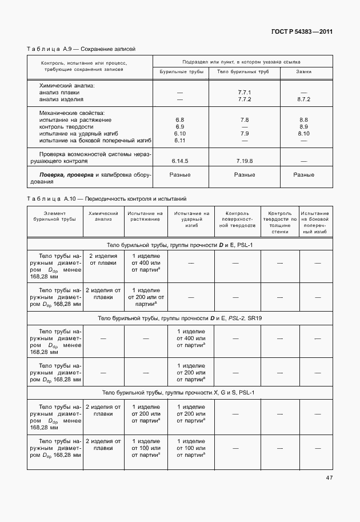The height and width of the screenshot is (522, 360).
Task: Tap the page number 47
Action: (329, 478)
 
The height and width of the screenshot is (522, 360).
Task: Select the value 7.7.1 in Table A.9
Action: (244, 92)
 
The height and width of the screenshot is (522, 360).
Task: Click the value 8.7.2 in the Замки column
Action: (303, 99)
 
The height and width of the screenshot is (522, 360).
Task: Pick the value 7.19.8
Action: (244, 161)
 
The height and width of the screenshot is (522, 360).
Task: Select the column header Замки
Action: (303, 72)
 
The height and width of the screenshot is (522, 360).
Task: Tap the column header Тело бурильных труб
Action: (244, 72)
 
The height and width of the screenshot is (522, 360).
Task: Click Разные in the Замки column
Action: (303, 174)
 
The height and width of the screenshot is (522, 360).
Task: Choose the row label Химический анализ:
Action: (66, 85)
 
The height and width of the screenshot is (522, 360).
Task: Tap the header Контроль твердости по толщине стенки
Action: (279, 222)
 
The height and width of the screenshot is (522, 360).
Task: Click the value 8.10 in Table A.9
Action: (303, 133)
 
